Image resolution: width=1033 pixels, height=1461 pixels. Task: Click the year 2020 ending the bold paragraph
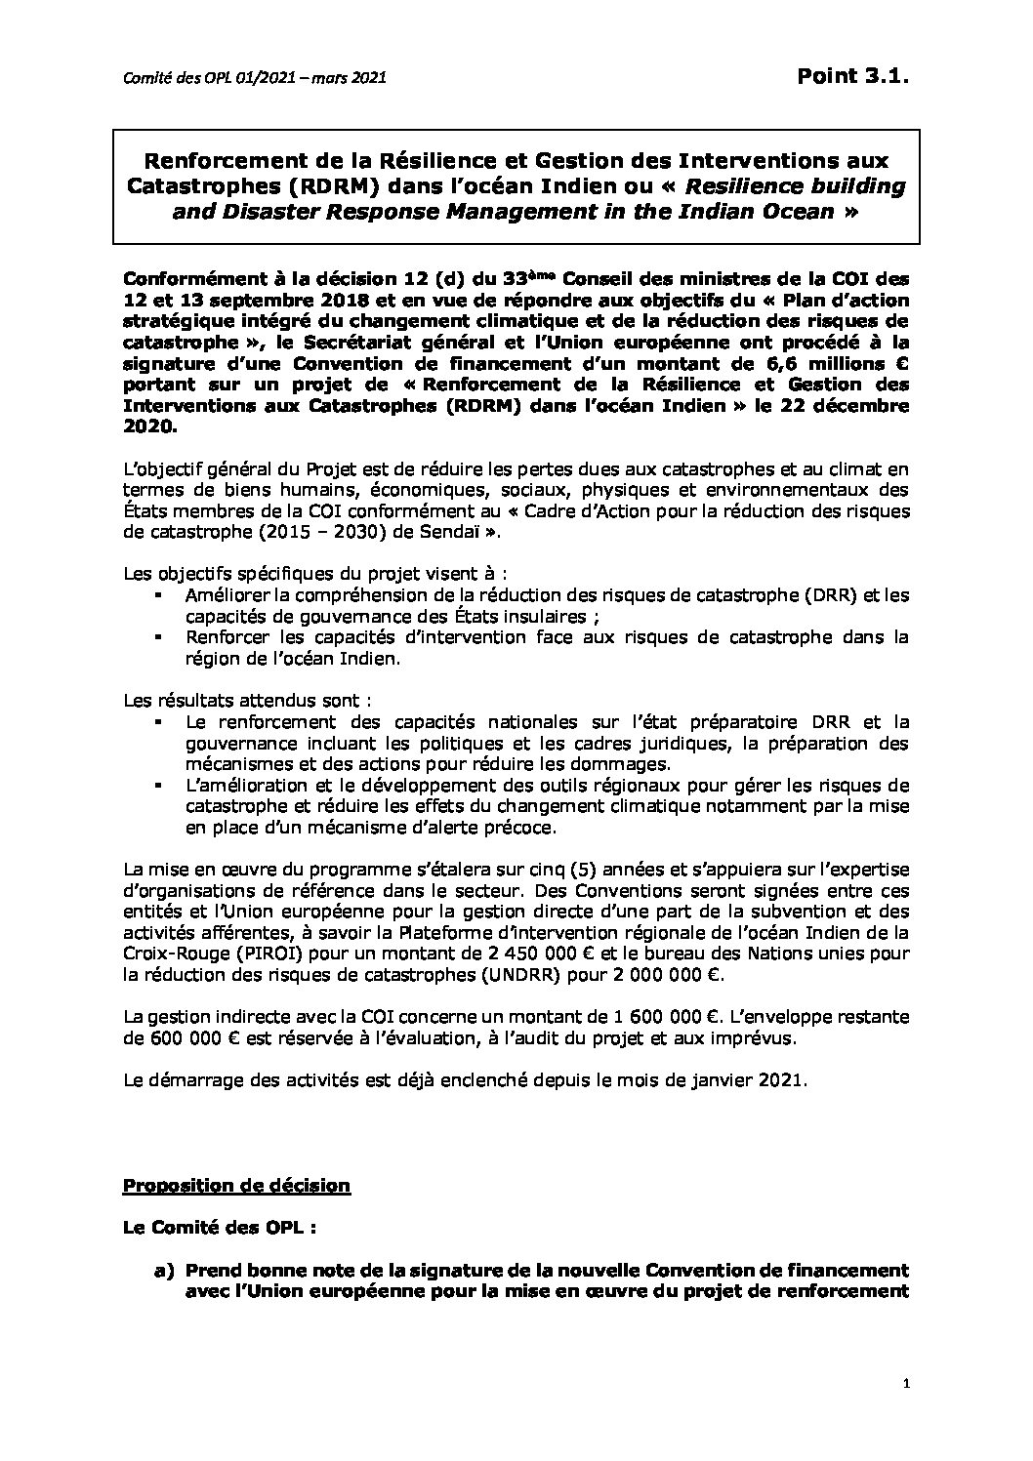tap(145, 426)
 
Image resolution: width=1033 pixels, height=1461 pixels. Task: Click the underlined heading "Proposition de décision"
tap(235, 1186)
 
